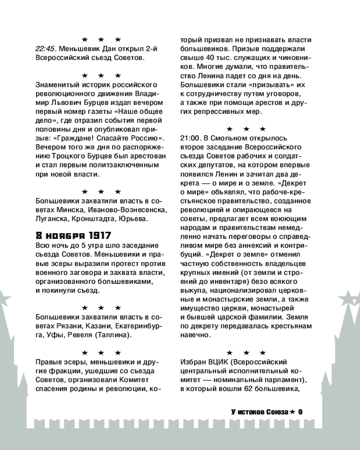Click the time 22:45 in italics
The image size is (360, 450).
click(x=44, y=49)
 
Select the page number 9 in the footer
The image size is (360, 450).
click(x=301, y=411)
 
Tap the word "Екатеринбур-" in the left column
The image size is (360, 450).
click(x=139, y=325)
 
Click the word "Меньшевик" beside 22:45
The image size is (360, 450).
click(x=77, y=49)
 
